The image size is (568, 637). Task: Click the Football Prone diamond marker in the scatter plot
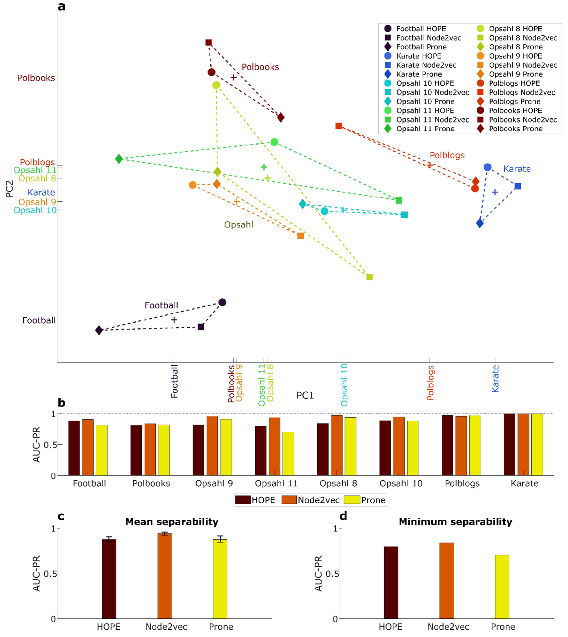99,330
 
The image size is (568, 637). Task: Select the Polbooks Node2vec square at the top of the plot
209,42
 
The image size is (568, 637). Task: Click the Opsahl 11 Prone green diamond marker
119,159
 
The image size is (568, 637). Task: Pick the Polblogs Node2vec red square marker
339,126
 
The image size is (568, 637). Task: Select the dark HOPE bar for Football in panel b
74,448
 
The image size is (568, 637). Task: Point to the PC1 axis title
305,395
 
